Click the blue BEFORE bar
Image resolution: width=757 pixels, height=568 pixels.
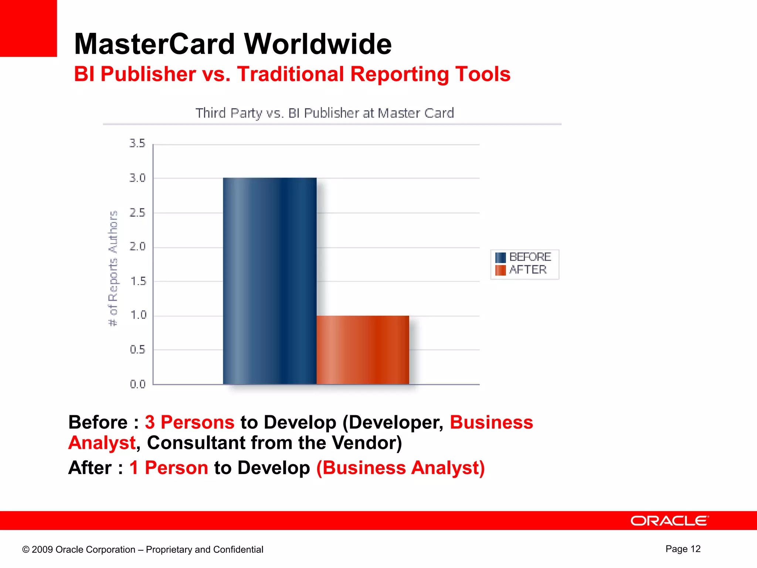pyautogui.click(x=269, y=281)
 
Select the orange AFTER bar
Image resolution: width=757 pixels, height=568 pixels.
pyautogui.click(x=363, y=350)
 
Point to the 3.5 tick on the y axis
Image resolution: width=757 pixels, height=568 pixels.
pyautogui.click(x=137, y=143)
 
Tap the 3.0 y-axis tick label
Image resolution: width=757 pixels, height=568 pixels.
pyautogui.click(x=137, y=178)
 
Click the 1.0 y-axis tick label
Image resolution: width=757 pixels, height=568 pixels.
pyautogui.click(x=138, y=315)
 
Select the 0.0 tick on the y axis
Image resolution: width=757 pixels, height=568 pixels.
pyautogui.click(x=138, y=384)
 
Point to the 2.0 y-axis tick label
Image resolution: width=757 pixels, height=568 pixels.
pyautogui.click(x=137, y=247)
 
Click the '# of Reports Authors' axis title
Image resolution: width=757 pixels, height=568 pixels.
pyautogui.click(x=113, y=268)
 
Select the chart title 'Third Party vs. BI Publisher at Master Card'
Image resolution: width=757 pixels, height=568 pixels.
pyautogui.click(x=325, y=113)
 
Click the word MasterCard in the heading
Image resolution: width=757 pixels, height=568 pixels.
pyautogui.click(x=155, y=44)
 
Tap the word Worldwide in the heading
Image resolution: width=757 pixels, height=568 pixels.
pyautogui.click(x=318, y=44)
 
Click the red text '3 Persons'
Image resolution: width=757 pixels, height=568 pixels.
pyautogui.click(x=190, y=422)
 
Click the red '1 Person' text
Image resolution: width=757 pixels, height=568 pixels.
pyautogui.click(x=169, y=468)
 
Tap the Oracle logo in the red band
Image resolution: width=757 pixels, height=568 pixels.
pyautogui.click(x=669, y=521)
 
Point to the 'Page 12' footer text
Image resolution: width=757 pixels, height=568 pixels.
pyautogui.click(x=683, y=549)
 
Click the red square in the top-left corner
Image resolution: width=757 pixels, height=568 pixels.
pyautogui.click(x=28, y=28)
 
